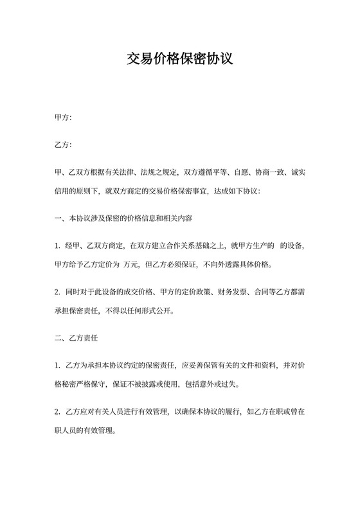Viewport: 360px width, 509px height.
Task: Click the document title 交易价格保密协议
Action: point(179,60)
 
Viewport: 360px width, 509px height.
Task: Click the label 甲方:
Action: point(63,118)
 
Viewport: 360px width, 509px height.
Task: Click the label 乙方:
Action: point(63,145)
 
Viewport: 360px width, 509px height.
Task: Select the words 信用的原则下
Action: point(76,191)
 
